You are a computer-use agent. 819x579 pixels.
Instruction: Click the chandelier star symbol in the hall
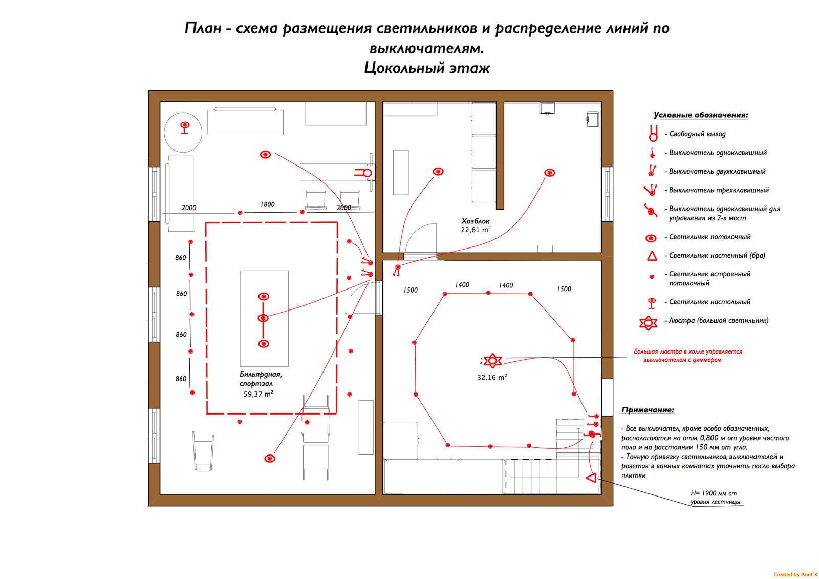[492, 361]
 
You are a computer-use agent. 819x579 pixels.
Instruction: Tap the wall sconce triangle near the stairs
[591, 478]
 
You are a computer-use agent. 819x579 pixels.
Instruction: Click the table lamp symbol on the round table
[185, 127]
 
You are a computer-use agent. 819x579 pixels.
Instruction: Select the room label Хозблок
[476, 221]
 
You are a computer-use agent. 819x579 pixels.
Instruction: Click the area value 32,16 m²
[492, 378]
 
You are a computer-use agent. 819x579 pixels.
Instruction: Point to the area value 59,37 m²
[258, 394]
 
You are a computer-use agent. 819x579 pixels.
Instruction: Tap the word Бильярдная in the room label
[261, 375]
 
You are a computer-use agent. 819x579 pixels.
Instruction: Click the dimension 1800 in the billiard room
[267, 204]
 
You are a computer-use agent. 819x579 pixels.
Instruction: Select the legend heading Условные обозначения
[701, 115]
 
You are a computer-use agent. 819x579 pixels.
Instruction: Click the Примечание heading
[648, 410]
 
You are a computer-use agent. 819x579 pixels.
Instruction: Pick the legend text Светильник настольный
[709, 302]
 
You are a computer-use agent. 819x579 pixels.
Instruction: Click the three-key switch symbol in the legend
[651, 190]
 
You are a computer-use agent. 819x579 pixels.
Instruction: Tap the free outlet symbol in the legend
[653, 133]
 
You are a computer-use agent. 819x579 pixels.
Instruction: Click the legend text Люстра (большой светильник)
[718, 321]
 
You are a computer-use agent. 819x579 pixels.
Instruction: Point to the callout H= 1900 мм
[714, 493]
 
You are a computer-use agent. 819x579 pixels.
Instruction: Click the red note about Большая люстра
[687, 356]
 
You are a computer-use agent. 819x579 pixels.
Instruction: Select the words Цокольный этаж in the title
[427, 68]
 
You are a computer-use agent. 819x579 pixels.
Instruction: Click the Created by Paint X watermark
[795, 574]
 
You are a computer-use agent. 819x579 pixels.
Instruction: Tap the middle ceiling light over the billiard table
[263, 318]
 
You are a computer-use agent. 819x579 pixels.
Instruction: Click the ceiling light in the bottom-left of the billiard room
[270, 459]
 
